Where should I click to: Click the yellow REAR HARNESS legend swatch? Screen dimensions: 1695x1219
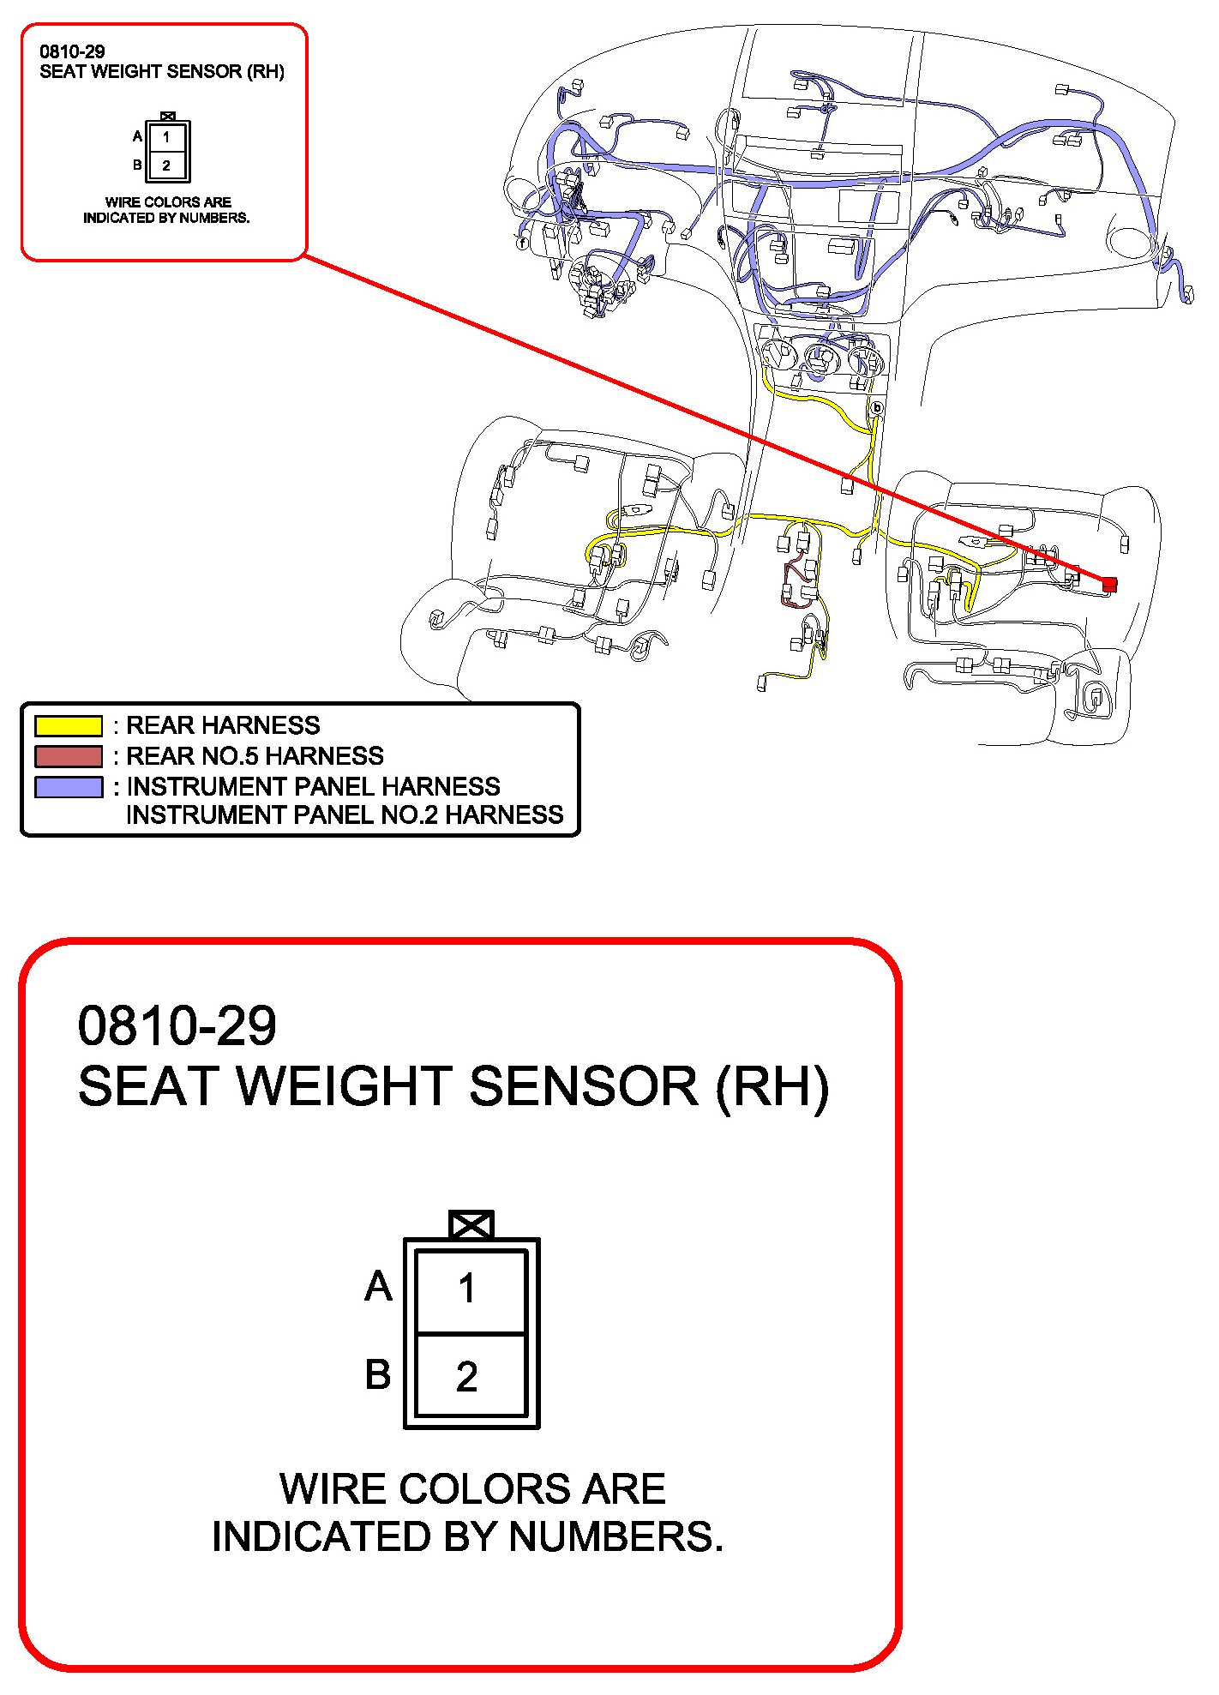coord(69,726)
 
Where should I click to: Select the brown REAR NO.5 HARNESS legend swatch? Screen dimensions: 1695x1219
coord(69,756)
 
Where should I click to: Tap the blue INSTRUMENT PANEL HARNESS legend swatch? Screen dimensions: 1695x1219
coord(69,787)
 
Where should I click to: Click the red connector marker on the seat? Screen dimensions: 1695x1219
coord(1109,584)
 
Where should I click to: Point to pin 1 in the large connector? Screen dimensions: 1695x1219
coord(467,1289)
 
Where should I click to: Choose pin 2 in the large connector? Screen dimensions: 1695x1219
coord(467,1377)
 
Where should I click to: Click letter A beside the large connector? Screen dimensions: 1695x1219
coord(378,1286)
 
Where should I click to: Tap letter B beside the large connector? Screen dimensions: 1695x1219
coord(378,1374)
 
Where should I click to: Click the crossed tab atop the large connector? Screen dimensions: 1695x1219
coord(471,1224)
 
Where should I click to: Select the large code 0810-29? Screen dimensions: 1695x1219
coord(177,1025)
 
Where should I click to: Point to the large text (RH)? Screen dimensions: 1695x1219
coord(772,1086)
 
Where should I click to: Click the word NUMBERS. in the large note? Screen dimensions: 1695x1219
coord(616,1536)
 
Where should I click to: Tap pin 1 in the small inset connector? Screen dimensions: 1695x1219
coord(166,137)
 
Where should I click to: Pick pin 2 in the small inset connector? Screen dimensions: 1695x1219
coord(166,165)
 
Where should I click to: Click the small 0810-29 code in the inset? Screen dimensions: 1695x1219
coord(72,51)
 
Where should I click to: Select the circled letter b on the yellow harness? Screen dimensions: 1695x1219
coord(876,409)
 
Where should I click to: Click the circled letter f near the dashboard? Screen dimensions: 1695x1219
coord(522,243)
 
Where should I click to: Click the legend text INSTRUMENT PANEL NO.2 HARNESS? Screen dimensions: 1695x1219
coord(345,814)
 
